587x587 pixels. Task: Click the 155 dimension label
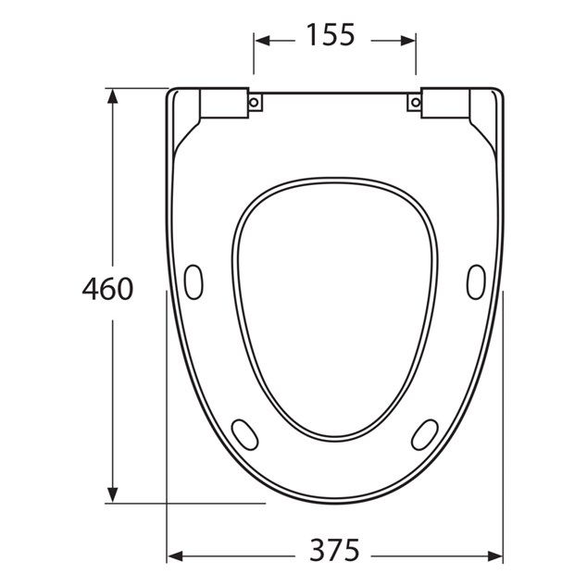(331, 35)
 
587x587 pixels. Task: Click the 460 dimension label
(107, 289)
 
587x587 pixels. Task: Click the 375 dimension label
(334, 550)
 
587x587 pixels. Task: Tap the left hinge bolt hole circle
(255, 102)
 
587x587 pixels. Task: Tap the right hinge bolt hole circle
(416, 102)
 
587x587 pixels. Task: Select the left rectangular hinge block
(224, 103)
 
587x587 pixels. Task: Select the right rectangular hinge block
(445, 103)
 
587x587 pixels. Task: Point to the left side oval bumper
(194, 281)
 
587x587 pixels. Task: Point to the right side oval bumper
(476, 281)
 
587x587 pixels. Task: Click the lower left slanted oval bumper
(244, 434)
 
